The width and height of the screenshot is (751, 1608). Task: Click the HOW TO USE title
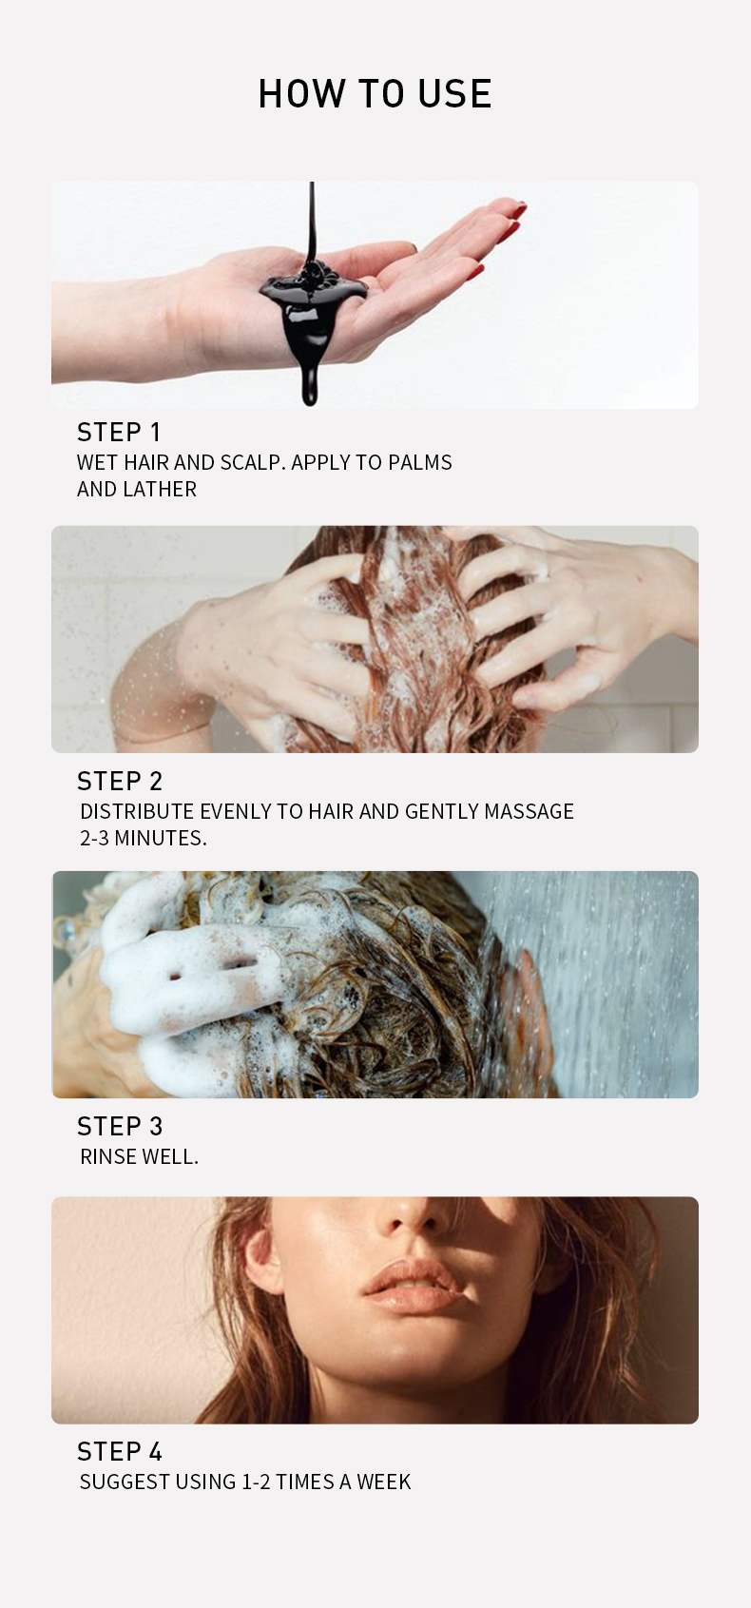click(x=375, y=94)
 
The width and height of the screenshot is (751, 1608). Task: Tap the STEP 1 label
click(x=119, y=432)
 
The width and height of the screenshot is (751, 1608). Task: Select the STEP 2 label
click(x=120, y=781)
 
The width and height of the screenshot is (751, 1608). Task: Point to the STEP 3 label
click(x=120, y=1126)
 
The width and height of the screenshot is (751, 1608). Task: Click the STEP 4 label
click(x=120, y=1451)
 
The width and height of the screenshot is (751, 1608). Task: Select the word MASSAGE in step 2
click(x=530, y=811)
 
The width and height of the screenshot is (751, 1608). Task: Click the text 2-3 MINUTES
click(x=144, y=838)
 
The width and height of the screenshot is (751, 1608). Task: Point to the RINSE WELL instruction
click(x=140, y=1156)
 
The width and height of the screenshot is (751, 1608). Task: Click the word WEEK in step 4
click(x=383, y=1482)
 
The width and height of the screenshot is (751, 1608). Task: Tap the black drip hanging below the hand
click(x=310, y=380)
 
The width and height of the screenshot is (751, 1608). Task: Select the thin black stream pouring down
click(x=312, y=223)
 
